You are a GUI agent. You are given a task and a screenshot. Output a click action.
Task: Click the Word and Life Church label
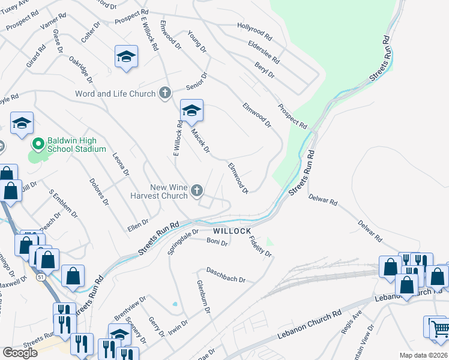(x=115, y=94)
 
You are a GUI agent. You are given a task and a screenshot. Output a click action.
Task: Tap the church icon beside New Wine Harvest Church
(x=197, y=191)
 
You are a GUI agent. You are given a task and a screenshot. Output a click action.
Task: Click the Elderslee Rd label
(x=264, y=52)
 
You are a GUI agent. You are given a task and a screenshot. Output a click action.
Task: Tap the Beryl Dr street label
(x=264, y=71)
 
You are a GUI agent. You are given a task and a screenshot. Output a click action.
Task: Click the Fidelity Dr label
(x=261, y=246)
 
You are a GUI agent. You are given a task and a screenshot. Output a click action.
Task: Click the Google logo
(x=20, y=352)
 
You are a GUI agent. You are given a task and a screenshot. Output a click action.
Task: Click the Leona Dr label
(x=121, y=164)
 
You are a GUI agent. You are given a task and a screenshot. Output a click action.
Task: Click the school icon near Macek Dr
(x=191, y=111)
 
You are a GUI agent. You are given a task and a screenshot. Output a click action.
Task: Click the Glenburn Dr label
(x=203, y=297)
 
